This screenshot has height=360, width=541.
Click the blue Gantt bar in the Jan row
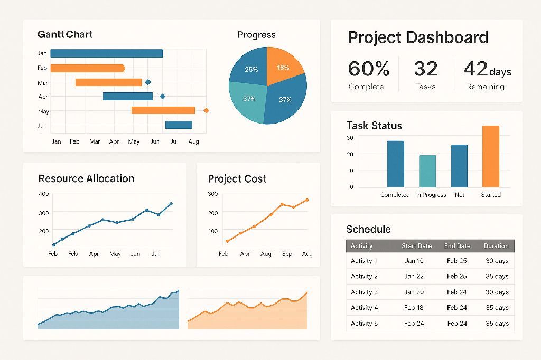(106, 53)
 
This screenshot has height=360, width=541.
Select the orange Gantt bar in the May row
(163, 110)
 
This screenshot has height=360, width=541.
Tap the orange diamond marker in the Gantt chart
(206, 110)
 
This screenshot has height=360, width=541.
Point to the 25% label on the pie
(251, 70)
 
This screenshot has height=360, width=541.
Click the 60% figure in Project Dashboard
(369, 69)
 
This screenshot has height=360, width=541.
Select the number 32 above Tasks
(425, 69)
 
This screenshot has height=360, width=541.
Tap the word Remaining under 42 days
(485, 87)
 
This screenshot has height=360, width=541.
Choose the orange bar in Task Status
(490, 156)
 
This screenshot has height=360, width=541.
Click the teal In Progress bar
(427, 171)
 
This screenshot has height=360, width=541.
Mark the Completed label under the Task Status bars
(395, 195)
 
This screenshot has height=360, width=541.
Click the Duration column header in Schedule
(496, 246)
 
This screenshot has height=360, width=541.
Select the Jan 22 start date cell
(414, 276)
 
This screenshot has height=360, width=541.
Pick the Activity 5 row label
(364, 323)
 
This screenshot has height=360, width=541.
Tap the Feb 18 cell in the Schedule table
(414, 307)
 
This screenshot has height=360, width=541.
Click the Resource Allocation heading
(86, 178)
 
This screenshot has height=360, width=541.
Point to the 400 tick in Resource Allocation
(43, 194)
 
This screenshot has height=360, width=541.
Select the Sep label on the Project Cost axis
(287, 254)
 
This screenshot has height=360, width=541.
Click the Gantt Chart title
(65, 35)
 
